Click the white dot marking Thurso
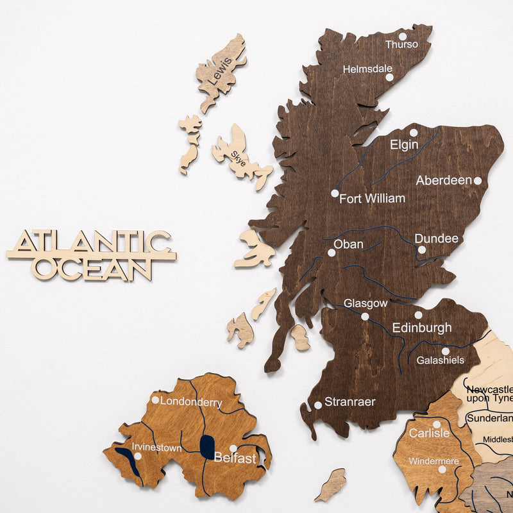[403, 37]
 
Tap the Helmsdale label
[367, 69]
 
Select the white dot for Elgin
[414, 133]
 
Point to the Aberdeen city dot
[477, 181]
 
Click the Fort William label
[372, 199]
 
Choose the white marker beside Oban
[332, 253]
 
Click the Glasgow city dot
[365, 316]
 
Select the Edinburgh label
[421, 328]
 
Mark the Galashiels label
[440, 360]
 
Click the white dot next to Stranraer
[317, 405]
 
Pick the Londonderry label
[191, 403]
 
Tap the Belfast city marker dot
[233, 448]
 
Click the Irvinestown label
[156, 448]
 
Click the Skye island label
[238, 155]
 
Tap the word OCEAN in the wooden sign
[92, 269]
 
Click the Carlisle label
[429, 433]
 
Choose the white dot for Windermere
[442, 469]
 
